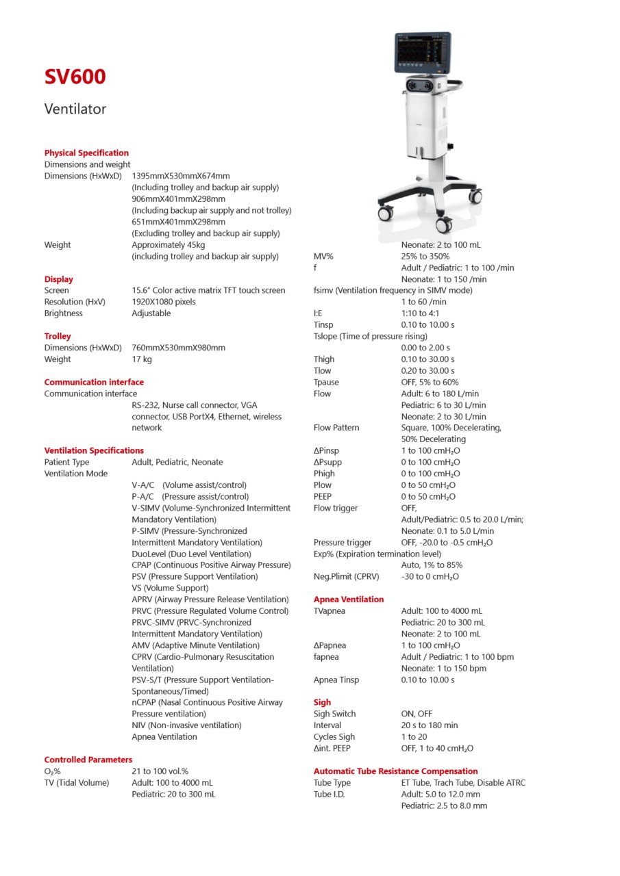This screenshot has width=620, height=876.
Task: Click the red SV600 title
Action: click(75, 77)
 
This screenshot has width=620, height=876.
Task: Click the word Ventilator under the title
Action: click(75, 109)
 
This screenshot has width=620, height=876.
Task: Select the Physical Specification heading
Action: click(86, 153)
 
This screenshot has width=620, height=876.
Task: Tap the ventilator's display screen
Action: click(422, 53)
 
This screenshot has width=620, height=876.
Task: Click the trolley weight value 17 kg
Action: click(142, 359)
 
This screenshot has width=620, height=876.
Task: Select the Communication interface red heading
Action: click(94, 382)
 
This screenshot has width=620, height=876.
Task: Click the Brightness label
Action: click(63, 313)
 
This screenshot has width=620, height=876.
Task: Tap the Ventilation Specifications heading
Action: click(94, 450)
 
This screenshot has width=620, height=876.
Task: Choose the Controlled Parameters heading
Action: click(88, 760)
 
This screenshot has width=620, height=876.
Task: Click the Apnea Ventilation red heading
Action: click(349, 600)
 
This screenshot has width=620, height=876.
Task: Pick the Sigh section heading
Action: click(322, 702)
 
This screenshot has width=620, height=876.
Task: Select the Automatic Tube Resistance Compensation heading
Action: click(395, 771)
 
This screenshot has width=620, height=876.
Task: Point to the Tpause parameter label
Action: click(326, 382)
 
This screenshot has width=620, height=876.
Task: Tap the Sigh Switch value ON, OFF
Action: click(417, 714)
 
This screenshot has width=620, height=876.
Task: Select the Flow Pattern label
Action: click(336, 428)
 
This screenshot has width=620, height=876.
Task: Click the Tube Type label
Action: click(332, 783)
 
